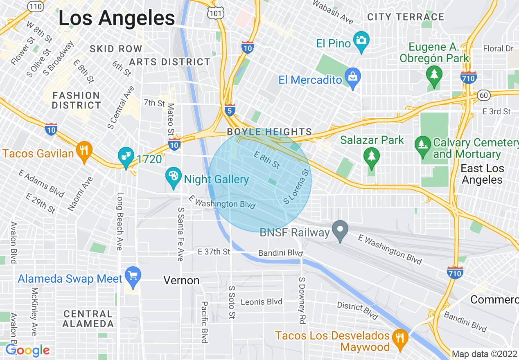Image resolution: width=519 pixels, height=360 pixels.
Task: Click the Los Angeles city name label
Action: (117, 18)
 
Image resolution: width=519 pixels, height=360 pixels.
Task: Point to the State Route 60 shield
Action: (483, 95)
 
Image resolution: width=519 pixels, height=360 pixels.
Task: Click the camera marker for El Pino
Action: (361, 41)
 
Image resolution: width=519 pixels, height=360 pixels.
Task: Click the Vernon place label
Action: (181, 280)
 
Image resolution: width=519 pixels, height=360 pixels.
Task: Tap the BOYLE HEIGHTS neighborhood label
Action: (269, 132)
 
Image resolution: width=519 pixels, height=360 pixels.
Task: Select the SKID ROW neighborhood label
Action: (116, 49)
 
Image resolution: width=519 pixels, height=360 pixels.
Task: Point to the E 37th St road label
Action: (214, 252)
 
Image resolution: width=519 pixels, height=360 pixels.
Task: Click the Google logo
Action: (27, 351)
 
